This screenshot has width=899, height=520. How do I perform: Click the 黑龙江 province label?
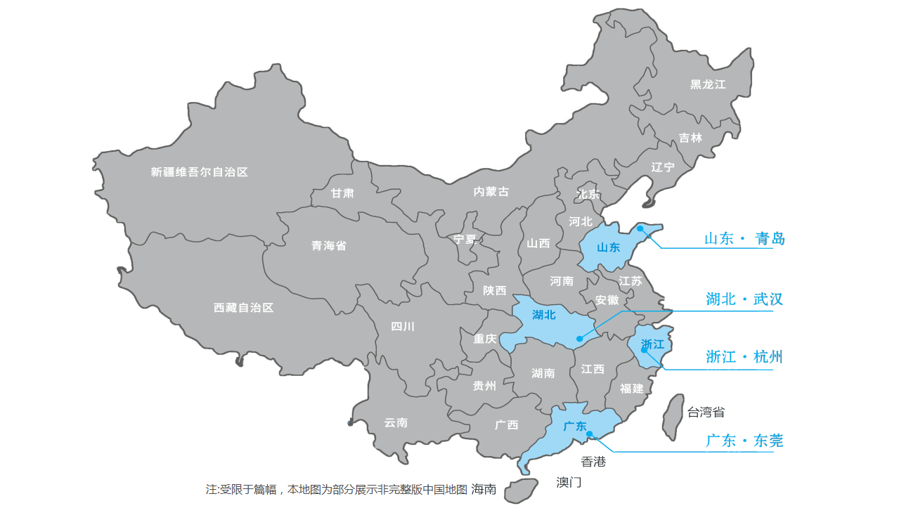708,84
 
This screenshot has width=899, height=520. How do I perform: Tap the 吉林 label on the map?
690,138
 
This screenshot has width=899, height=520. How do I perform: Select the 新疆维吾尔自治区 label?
200,172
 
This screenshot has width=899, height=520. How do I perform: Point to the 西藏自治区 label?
243,308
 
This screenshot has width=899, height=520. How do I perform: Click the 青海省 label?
329,246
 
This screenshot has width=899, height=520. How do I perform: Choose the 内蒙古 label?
491,192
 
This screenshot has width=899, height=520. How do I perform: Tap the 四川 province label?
403,326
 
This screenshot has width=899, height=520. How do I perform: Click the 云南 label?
396,423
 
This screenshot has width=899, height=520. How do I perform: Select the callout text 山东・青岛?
744,239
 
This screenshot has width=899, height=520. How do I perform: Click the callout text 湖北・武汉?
744,300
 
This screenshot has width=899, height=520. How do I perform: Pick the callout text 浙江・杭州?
744,357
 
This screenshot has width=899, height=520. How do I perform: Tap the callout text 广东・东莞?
744,441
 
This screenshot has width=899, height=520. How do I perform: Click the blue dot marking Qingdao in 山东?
640,228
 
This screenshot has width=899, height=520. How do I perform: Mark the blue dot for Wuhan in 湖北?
580,339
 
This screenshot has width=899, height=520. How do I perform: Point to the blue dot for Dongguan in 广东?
590,434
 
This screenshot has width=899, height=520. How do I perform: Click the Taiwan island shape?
673,417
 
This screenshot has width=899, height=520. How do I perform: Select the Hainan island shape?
520,490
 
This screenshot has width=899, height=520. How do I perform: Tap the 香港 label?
593,462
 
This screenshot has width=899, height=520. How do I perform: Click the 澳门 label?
569,483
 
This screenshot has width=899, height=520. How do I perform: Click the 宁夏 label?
465,239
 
